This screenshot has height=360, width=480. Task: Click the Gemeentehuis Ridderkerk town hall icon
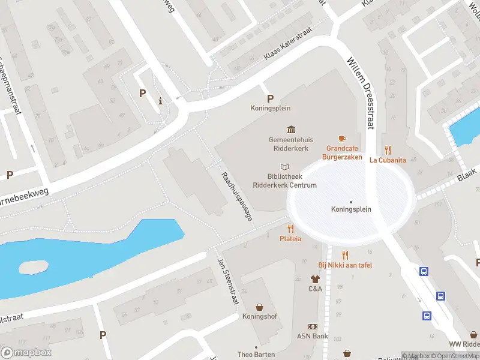tap(292, 130)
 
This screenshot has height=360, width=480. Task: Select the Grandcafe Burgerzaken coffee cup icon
tap(343, 139)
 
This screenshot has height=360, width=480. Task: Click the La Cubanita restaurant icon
tap(388, 151)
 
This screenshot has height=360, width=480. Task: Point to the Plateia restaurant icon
tap(290, 229)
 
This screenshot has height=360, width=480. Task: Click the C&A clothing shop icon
tap(315, 279)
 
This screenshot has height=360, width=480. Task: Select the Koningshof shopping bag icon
tap(259, 307)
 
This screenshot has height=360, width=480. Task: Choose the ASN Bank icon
tap(312, 326)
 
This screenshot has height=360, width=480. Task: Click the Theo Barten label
tap(256, 355)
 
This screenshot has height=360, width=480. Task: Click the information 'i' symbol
tap(160, 101)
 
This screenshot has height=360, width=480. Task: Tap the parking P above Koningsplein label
tap(270, 98)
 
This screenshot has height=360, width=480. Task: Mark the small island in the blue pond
tap(33, 267)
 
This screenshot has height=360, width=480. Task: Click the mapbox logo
tap(26, 353)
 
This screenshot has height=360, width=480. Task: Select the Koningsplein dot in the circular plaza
tap(351, 202)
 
